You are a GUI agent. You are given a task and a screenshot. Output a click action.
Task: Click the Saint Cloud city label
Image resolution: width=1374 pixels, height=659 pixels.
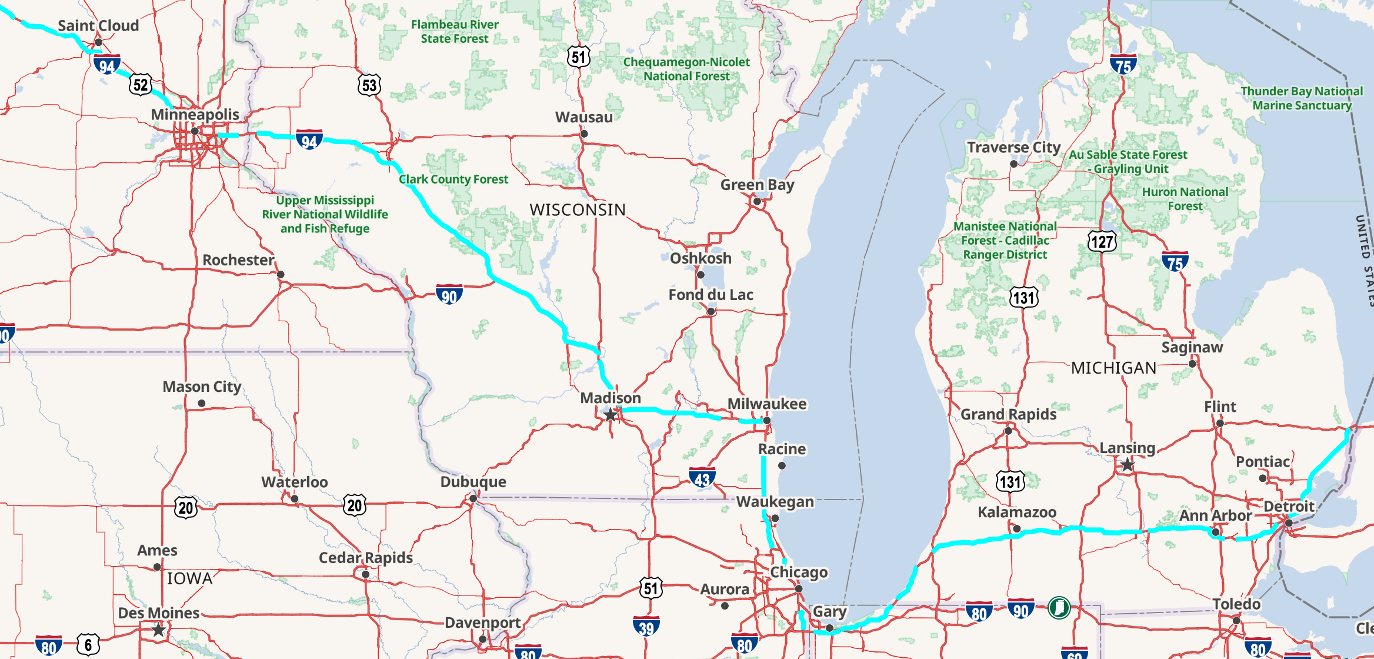coord(98,26)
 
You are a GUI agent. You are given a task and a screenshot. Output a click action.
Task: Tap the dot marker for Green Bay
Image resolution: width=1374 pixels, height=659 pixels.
coord(757,202)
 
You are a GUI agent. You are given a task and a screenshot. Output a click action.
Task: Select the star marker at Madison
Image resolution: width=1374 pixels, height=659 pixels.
coord(611,415)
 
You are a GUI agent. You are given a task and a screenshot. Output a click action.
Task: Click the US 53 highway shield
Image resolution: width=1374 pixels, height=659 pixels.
coord(369,85)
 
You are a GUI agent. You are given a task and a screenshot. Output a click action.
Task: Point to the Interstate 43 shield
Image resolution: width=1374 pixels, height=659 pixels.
coord(702,479)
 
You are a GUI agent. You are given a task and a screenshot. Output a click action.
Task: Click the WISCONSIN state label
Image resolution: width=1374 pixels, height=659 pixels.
coord(577,210)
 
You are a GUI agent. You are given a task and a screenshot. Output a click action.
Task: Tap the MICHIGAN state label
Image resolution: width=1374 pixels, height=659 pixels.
coord(1113,368)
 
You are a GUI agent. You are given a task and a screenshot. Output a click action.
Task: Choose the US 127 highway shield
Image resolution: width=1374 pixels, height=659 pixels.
coord(1102,241)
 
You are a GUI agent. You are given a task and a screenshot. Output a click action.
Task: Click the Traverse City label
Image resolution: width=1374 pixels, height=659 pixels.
coord(1013,148)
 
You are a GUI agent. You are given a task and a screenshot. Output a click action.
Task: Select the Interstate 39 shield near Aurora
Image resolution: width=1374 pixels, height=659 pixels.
coord(646,627)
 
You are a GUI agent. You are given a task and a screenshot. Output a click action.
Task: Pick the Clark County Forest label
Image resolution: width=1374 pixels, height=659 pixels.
coord(453,179)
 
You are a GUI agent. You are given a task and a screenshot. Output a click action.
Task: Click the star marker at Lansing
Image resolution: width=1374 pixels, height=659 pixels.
coord(1127,465)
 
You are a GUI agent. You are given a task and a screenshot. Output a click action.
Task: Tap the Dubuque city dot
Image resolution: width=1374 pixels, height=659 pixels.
coord(473,498)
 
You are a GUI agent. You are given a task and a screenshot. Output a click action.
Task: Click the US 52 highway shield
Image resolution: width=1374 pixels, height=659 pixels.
coord(141,85)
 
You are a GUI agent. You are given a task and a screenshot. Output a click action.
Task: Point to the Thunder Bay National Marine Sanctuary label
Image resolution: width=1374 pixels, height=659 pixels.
coord(1301,98)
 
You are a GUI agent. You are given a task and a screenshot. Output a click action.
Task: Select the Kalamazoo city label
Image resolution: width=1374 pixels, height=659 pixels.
coord(1016,512)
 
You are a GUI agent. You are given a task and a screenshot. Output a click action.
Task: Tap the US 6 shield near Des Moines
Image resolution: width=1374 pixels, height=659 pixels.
coord(88,645)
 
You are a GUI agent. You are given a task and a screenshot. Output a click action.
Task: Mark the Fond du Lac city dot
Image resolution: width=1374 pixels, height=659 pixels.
coord(711,311)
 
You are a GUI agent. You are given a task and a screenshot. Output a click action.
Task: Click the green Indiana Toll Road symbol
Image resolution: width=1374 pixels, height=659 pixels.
coord(1059,607)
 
